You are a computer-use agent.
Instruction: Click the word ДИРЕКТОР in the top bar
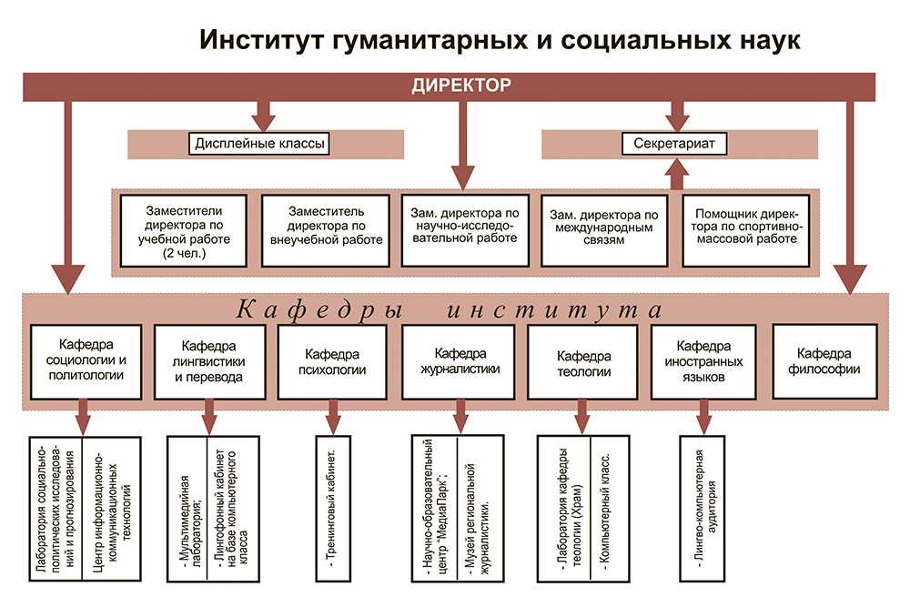pos(461,86)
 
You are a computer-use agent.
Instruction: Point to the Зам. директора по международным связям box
pos(601,229)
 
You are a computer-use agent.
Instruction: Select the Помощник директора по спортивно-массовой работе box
pos(742,229)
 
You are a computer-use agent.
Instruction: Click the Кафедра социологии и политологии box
pos(86,360)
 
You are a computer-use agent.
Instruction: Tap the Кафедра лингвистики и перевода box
pos(210,360)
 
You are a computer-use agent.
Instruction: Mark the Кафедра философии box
pos(829,360)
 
